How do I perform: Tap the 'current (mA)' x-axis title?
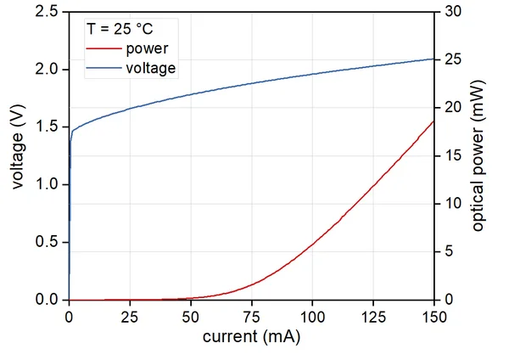click(251, 336)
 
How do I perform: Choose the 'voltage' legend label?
click(150, 68)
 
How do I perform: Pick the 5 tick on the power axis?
click(447, 252)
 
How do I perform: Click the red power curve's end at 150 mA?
click(433, 121)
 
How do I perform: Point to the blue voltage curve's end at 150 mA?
click(433, 59)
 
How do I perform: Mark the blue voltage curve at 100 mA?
click(312, 74)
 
